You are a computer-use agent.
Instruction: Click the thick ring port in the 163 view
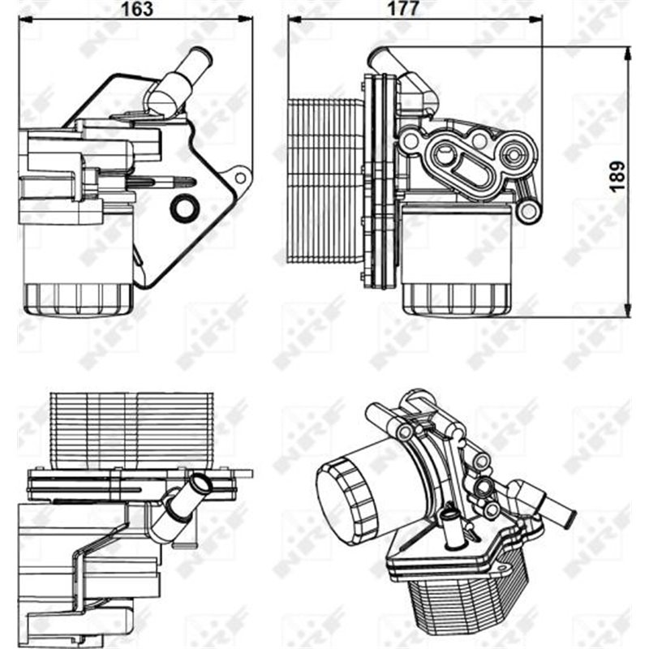tap(183, 208)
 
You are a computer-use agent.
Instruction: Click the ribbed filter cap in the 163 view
tap(79, 298)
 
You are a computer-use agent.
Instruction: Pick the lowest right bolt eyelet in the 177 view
tap(528, 211)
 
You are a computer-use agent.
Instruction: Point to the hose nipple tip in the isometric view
tap(569, 516)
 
